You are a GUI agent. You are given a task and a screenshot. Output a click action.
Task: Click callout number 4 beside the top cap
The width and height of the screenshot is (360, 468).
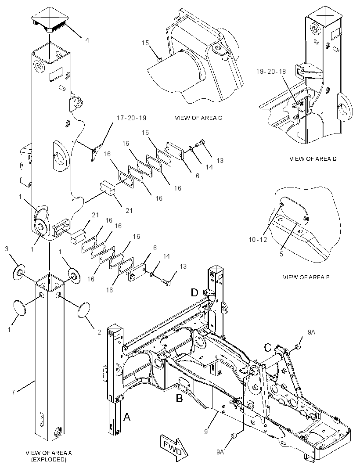click(87, 40)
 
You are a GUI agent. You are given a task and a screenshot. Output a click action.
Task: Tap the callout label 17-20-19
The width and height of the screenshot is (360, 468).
click(131, 118)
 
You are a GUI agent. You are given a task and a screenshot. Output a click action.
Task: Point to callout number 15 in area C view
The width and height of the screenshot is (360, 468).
click(145, 43)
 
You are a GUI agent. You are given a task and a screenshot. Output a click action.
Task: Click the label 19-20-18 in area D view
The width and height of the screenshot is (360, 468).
click(271, 71)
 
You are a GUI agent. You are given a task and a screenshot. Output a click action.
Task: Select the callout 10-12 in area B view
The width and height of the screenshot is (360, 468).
click(257, 239)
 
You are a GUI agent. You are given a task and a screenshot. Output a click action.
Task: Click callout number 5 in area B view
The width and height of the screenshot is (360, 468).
click(281, 254)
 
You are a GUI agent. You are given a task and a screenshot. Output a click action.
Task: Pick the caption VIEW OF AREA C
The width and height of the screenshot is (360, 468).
click(198, 118)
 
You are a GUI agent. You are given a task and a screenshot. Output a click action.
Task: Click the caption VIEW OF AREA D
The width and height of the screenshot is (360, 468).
click(313, 159)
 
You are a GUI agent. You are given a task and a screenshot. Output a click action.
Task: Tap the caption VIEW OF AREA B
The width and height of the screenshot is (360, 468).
click(306, 277)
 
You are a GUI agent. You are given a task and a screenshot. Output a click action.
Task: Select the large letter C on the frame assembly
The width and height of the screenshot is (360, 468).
click(268, 348)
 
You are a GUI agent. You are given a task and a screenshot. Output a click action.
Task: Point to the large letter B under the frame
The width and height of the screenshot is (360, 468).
click(179, 398)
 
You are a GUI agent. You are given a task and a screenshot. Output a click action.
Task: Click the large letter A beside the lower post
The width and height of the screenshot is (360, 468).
click(127, 417)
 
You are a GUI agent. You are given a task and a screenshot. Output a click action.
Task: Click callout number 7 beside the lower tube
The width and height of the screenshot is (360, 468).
click(13, 392)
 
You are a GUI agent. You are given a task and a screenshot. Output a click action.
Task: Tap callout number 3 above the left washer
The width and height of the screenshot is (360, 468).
click(7, 248)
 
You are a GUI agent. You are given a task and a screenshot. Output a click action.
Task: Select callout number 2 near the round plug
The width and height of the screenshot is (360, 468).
click(99, 332)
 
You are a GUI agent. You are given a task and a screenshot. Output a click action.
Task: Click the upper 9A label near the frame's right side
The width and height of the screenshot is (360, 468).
click(311, 332)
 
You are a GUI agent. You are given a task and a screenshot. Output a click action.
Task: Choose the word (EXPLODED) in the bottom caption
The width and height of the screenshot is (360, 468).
click(49, 460)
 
